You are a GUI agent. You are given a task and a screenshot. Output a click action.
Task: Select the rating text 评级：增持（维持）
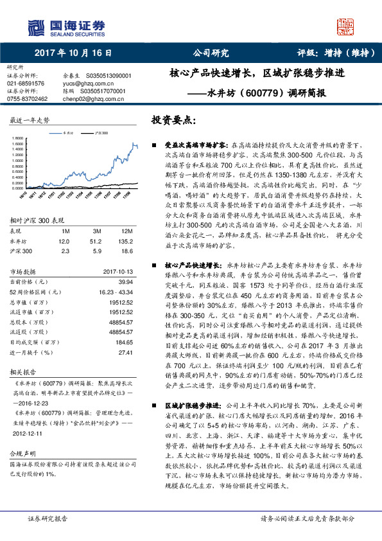(331, 53)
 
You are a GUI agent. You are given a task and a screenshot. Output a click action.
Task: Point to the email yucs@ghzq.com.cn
(80, 83)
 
